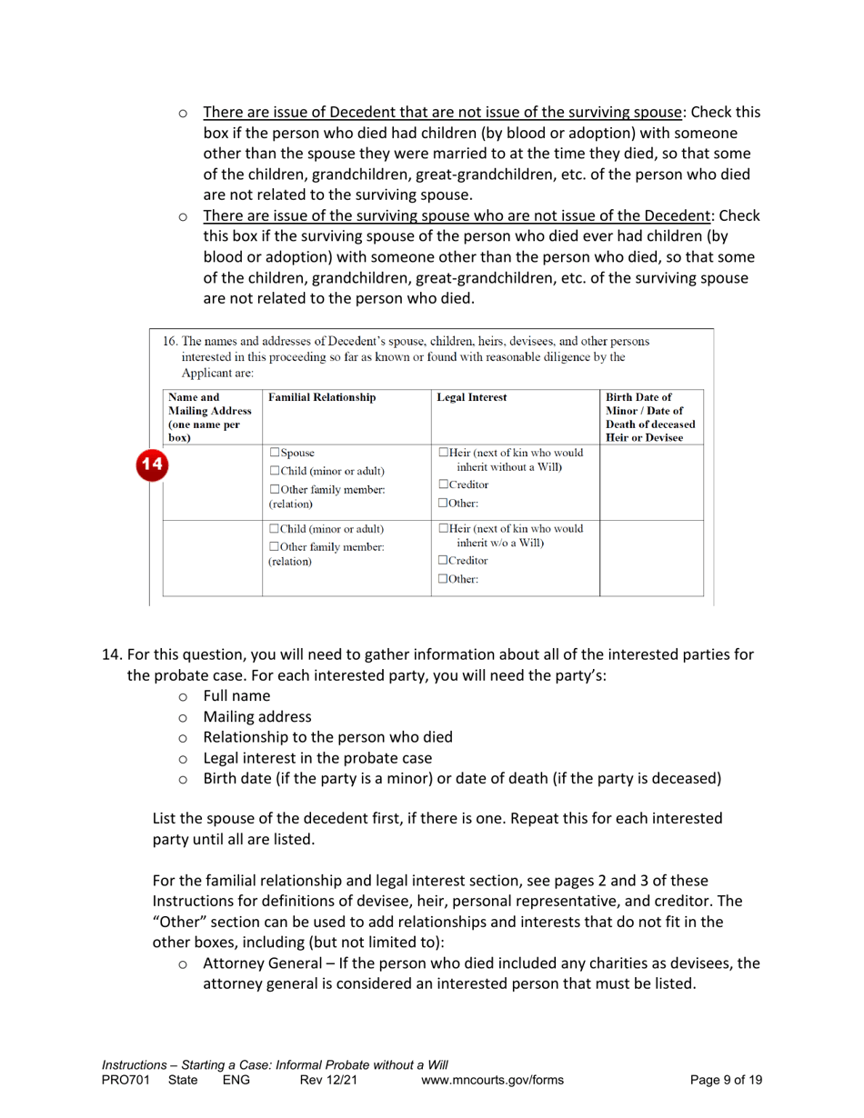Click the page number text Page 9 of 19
(726, 1080)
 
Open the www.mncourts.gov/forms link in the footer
(493, 1080)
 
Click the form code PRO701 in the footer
(122, 1080)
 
